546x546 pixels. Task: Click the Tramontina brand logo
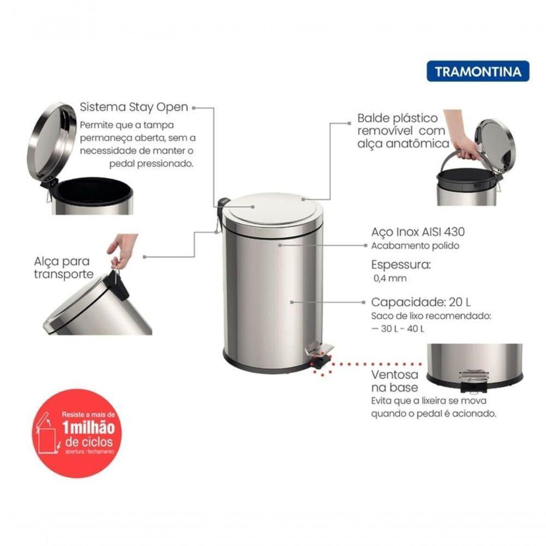pyautogui.click(x=478, y=71)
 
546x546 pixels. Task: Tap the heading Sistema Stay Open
pyautogui.click(x=134, y=106)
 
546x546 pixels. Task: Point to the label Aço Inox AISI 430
pyautogui.click(x=418, y=232)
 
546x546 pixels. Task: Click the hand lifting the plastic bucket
pyautogui.click(x=461, y=136)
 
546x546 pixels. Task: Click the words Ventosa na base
pyautogui.click(x=395, y=381)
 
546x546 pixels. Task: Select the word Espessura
pyautogui.click(x=400, y=265)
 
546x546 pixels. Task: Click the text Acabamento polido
pyautogui.click(x=415, y=246)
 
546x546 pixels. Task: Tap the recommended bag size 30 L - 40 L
pyautogui.click(x=398, y=328)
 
